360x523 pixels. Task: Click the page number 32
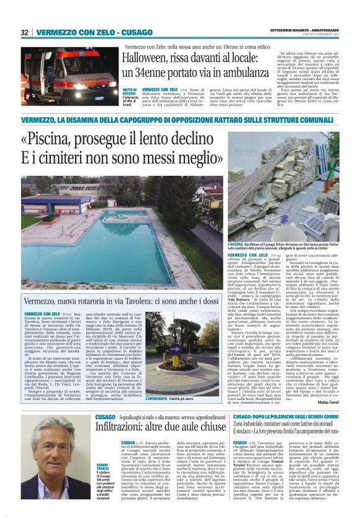[x=25, y=32]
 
